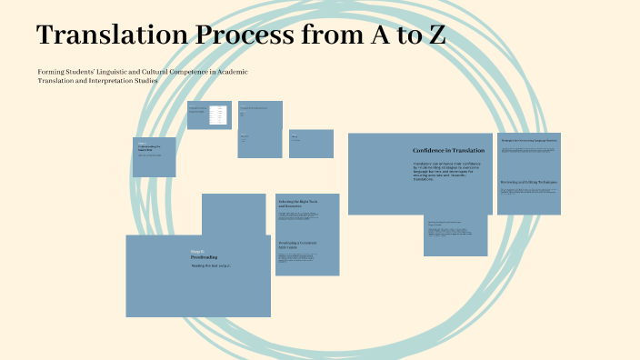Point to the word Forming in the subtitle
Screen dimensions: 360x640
[52, 72]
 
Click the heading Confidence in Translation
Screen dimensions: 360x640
[448, 150]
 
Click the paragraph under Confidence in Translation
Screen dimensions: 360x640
[448, 171]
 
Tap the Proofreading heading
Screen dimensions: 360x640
[204, 257]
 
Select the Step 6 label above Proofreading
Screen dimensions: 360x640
[197, 251]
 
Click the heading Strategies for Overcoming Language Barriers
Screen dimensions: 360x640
[528, 140]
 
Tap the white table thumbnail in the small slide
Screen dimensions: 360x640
[216, 115]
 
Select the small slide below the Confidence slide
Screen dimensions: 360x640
[455, 235]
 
